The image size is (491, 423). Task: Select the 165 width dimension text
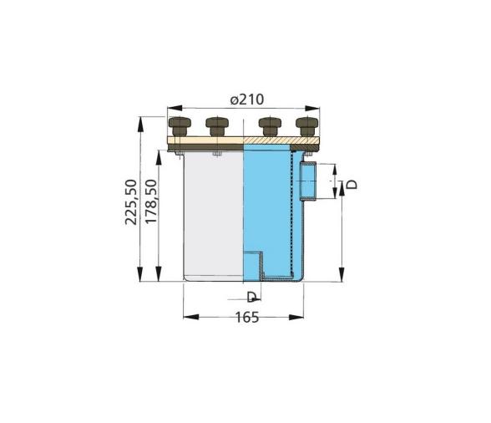point(246,317)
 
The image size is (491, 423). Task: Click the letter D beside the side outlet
point(354,184)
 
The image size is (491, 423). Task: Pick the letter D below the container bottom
point(251,297)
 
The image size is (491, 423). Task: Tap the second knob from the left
point(216,127)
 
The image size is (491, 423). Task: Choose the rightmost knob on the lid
point(306,127)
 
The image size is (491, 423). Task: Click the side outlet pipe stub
point(308,183)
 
